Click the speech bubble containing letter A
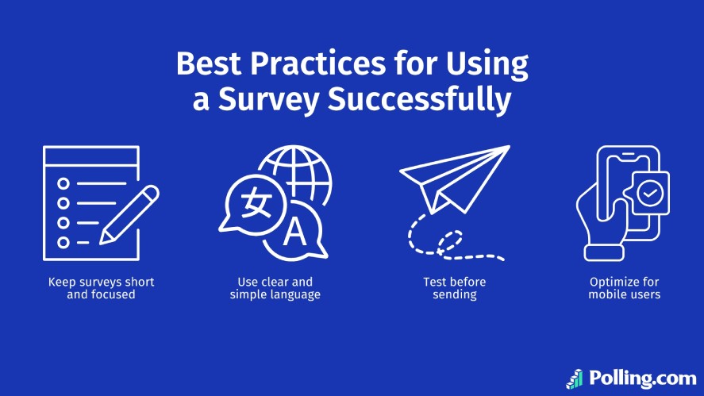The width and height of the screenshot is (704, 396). pos(295,232)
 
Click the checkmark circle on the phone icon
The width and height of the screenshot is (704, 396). pos(648,194)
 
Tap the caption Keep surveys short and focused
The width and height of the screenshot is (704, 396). pos(101,288)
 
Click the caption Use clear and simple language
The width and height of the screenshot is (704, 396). pos(275,288)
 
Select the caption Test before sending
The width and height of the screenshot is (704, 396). pos(454,288)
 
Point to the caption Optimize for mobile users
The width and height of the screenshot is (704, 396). pos(624,288)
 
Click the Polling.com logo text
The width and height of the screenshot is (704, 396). pos(639,377)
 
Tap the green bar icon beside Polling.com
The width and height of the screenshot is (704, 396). pos(574,379)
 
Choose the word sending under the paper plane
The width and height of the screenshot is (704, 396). pos(454,294)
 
